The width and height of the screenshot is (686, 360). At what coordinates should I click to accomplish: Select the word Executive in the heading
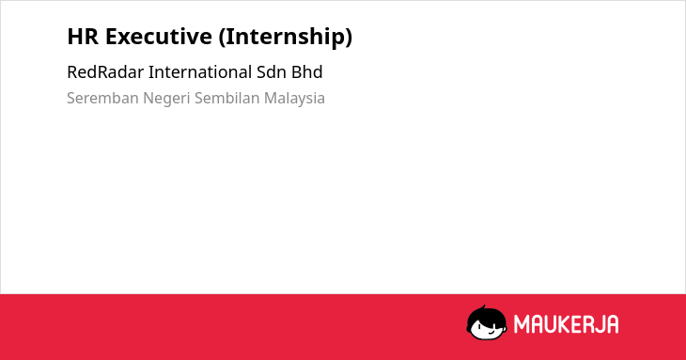[x=159, y=37]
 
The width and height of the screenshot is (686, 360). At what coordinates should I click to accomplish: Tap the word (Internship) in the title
[x=286, y=37]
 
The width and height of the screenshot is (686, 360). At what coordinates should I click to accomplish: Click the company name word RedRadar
[x=105, y=72]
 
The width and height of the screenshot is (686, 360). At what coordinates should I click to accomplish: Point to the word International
[x=200, y=72]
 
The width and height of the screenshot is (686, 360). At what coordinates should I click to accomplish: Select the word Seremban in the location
[x=102, y=98]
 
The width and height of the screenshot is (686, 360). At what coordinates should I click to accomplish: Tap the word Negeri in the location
[x=166, y=99]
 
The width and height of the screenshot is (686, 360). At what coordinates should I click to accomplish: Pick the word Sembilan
[x=227, y=98]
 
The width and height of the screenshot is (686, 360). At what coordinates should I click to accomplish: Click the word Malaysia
[x=294, y=99]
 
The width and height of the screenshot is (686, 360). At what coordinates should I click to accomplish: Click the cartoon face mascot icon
[x=487, y=322]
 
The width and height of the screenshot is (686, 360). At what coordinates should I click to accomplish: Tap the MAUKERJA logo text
[x=566, y=324]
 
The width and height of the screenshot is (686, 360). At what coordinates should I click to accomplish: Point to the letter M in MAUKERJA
[x=522, y=324]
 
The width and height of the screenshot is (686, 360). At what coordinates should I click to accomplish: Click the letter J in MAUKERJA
[x=599, y=324]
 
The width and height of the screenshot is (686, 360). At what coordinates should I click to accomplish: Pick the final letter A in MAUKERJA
[x=613, y=324]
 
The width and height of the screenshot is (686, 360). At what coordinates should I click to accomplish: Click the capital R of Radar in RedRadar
[x=102, y=72]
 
